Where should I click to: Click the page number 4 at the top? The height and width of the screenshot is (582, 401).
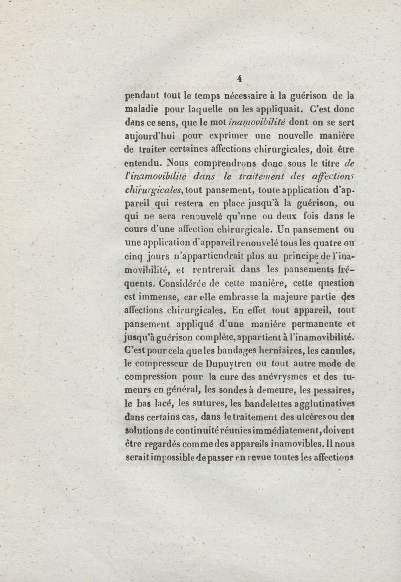pos(239,78)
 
